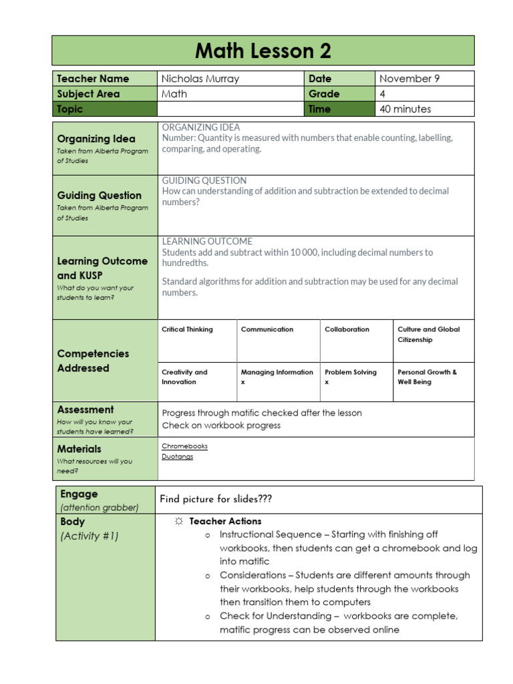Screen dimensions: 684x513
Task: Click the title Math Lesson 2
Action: (x=263, y=51)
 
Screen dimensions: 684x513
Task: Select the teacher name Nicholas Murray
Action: (x=200, y=79)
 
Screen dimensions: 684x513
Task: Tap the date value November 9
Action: (x=409, y=79)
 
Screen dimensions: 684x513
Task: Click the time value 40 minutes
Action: (x=405, y=109)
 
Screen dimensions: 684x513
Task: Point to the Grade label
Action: (x=324, y=94)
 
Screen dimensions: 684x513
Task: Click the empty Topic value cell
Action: (x=230, y=109)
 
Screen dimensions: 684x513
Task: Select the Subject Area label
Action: (x=88, y=94)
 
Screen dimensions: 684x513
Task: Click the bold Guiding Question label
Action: (x=100, y=196)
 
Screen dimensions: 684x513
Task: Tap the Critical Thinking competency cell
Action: (x=188, y=329)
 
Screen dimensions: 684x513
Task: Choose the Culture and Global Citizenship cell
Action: (x=428, y=335)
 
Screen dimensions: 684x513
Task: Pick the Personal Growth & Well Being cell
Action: (x=427, y=377)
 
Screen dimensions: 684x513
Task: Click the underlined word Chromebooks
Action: (x=184, y=446)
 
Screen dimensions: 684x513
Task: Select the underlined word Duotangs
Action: (x=177, y=457)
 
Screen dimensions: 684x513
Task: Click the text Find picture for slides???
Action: (x=216, y=500)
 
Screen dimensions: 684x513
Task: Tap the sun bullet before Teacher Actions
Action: (x=178, y=521)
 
